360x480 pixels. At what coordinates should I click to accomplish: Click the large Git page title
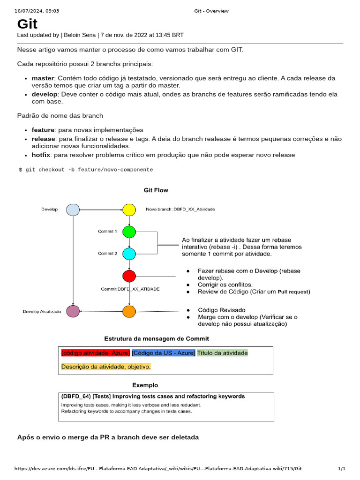27,24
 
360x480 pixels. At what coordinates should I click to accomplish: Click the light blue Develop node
73,210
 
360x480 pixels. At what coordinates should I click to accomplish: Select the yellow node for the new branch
129,210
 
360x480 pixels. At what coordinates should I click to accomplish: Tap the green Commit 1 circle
129,232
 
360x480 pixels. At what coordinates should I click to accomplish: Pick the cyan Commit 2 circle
129,254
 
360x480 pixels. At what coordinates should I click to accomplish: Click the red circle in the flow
129,276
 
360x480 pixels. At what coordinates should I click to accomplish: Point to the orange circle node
129,311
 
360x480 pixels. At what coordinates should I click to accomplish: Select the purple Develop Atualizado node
73,311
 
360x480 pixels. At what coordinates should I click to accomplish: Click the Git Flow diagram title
156,190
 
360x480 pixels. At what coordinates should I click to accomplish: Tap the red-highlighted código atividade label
95,352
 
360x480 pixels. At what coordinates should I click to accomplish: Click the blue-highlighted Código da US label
163,352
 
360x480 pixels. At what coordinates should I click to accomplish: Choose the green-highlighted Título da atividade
222,352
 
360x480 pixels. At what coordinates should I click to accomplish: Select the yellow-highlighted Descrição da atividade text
106,367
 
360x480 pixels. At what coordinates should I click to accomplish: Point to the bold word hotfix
41,155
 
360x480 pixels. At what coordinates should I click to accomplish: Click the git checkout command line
86,170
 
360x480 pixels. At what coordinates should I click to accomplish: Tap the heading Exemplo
145,385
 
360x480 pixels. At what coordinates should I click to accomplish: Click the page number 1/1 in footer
341,469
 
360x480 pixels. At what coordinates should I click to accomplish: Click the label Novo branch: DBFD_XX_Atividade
180,210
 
